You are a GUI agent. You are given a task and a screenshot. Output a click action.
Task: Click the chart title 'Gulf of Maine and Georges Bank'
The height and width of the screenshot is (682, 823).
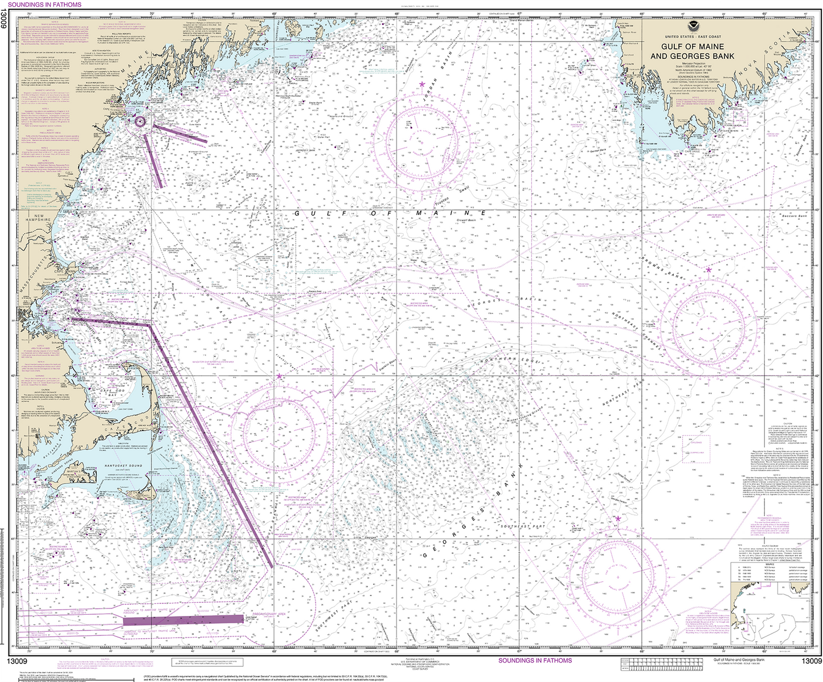pyautogui.click(x=692, y=51)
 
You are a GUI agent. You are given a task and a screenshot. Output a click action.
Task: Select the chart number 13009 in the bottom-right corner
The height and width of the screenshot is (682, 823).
pyautogui.click(x=812, y=661)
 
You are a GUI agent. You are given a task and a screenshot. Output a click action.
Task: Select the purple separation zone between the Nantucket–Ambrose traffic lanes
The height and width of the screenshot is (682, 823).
pyautogui.click(x=182, y=619)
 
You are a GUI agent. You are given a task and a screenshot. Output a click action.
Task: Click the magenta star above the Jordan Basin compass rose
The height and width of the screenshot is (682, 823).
pyautogui.click(x=421, y=84)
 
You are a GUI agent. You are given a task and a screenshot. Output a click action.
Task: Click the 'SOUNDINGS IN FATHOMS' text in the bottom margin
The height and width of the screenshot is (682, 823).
pyautogui.click(x=535, y=661)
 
